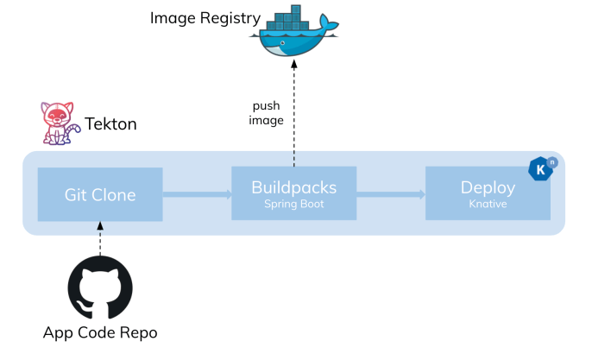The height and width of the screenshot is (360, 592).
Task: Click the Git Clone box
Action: [99, 194]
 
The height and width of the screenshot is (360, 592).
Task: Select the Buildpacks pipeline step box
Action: [293, 194]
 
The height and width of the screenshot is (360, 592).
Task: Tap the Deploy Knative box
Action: [488, 194]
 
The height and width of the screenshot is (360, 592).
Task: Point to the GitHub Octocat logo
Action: [100, 287]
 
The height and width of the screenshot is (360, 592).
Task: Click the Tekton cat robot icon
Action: [58, 124]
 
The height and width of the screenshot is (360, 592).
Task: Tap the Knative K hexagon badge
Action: [541, 169]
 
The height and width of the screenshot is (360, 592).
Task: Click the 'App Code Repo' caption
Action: [100, 333]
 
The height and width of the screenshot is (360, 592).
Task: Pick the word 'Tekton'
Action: [110, 124]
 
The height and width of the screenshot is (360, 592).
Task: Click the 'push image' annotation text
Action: [266, 113]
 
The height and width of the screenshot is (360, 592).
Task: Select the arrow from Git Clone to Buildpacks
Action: [196, 195]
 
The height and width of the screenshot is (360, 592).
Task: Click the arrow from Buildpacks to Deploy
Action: [390, 195]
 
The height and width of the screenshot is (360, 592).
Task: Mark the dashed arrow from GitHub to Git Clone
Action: [100, 237]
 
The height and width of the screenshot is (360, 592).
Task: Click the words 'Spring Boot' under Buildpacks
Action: [293, 205]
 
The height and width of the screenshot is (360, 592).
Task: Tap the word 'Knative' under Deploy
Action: [488, 205]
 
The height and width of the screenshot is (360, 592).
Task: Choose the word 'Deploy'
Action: [488, 187]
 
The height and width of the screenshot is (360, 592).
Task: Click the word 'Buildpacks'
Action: [293, 187]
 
